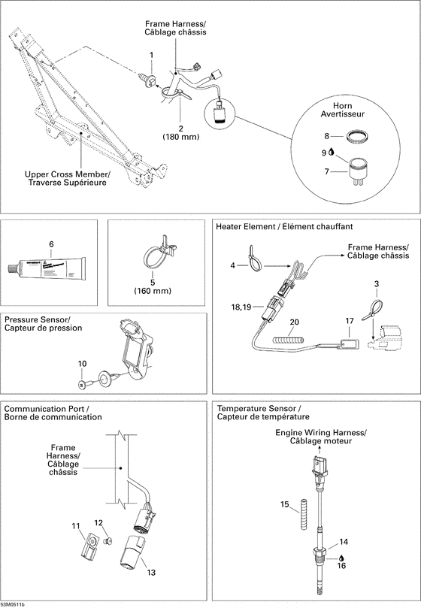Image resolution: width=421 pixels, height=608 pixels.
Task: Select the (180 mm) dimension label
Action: [x=180, y=137]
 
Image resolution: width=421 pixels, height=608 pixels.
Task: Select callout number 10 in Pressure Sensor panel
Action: [x=81, y=364]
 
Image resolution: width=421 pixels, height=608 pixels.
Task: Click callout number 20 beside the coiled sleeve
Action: [x=294, y=322]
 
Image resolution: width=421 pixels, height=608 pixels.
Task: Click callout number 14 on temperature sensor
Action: [x=343, y=540]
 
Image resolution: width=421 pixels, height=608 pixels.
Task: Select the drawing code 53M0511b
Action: [x=13, y=603]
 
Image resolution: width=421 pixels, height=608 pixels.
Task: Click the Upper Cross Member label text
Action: [x=67, y=179]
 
